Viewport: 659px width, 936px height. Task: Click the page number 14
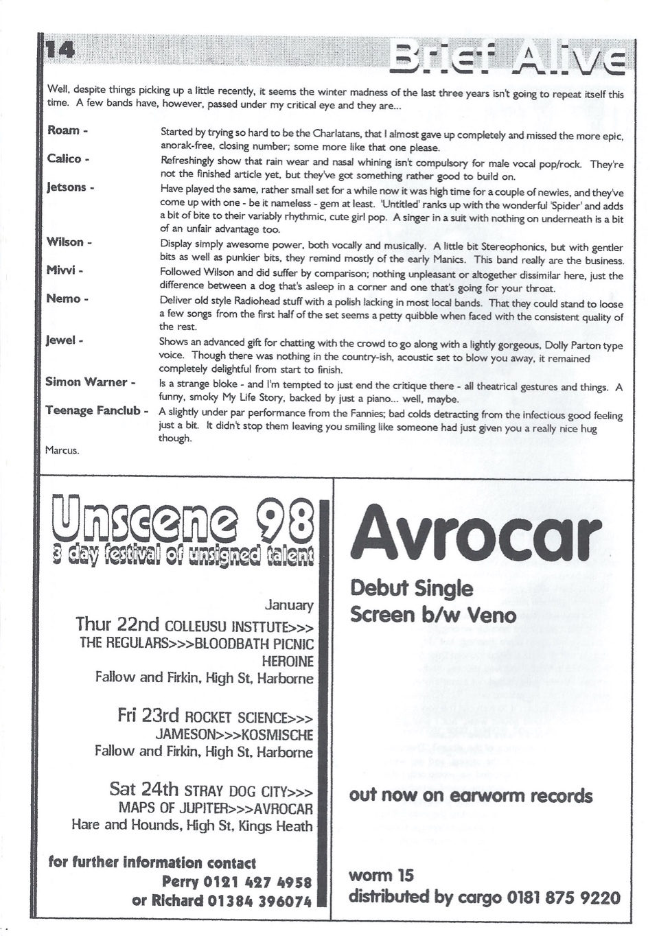click(x=60, y=49)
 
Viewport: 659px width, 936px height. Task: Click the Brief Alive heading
click(x=507, y=56)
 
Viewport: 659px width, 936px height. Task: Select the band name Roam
click(x=64, y=130)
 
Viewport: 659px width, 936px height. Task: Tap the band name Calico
click(x=65, y=159)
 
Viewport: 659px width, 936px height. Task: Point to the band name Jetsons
click(x=66, y=187)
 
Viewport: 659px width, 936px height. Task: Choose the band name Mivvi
click(x=61, y=270)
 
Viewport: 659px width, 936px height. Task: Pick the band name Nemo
click(x=63, y=299)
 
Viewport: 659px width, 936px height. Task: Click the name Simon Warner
click(x=86, y=382)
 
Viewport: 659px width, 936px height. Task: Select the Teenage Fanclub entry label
click(x=93, y=410)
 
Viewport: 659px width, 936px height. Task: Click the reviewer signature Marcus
click(x=62, y=450)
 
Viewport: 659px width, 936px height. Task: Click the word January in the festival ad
click(x=289, y=605)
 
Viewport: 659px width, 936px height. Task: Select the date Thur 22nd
click(x=117, y=624)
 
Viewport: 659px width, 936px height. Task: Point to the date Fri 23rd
click(x=148, y=716)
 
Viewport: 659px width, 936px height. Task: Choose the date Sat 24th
click(x=143, y=789)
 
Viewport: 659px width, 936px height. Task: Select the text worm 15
click(x=381, y=876)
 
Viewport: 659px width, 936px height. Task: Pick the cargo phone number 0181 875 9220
click(x=564, y=898)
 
